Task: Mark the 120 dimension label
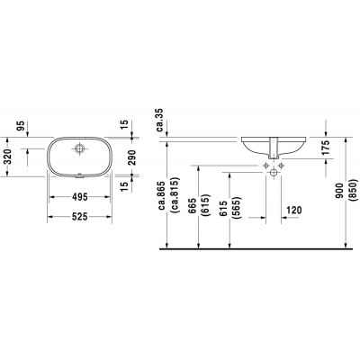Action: pyautogui.click(x=292, y=210)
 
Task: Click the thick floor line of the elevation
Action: pyautogui.click(x=261, y=247)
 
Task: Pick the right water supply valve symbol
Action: pyautogui.click(x=284, y=166)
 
